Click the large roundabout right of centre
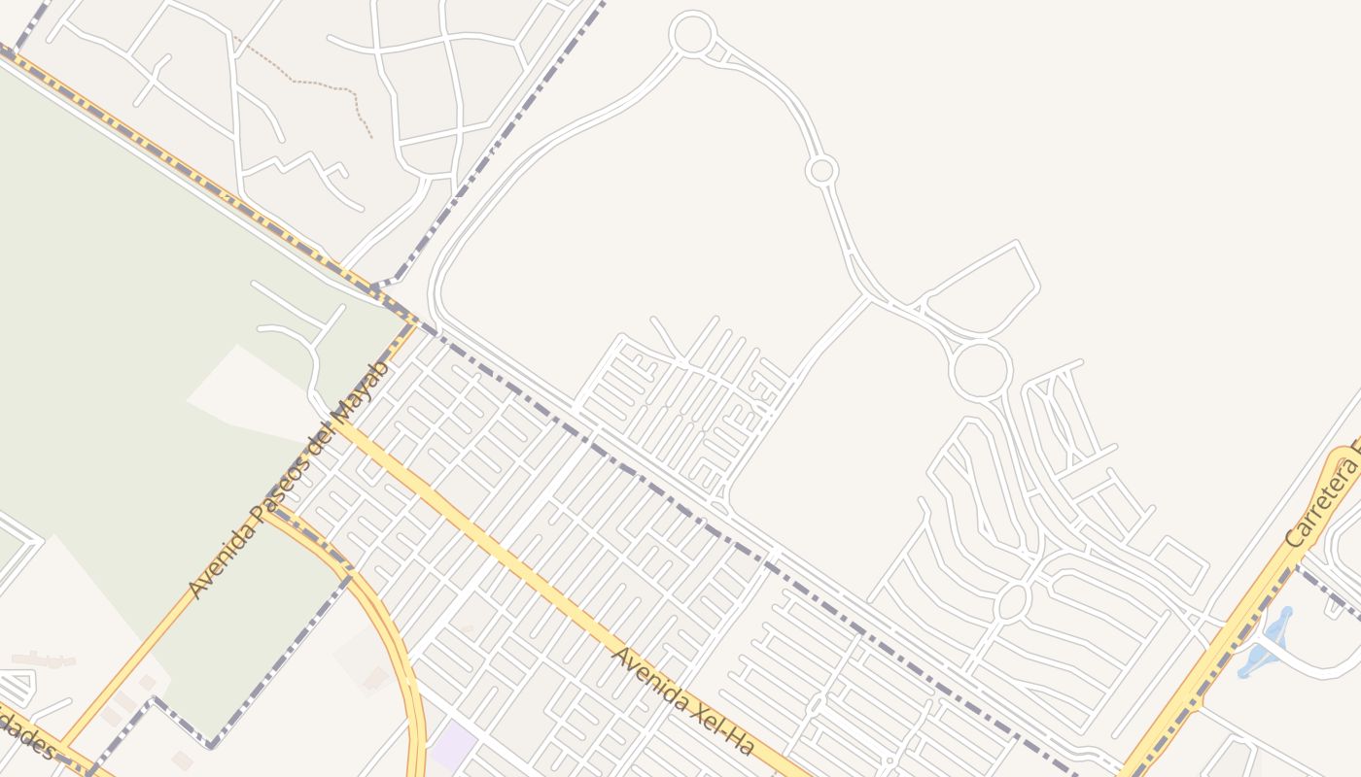coord(980,370)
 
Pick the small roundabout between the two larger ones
coord(821,171)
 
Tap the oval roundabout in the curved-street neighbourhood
coord(1012,601)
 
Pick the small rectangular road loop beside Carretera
coord(1180,563)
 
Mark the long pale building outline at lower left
coord(44,659)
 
